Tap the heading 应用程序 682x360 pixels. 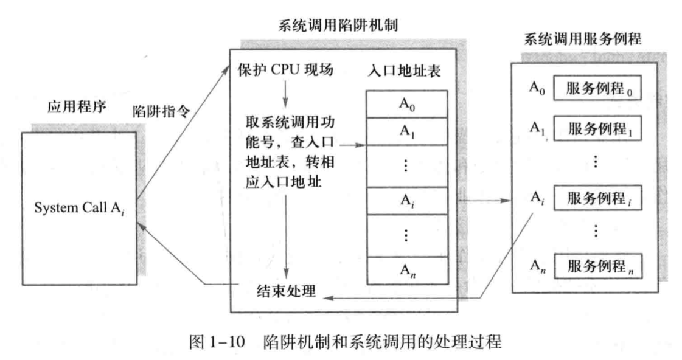tap(77, 108)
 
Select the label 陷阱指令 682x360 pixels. tap(160, 112)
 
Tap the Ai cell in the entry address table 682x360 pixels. tap(407, 199)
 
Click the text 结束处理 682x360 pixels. tap(286, 291)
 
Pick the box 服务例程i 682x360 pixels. tap(597, 199)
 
